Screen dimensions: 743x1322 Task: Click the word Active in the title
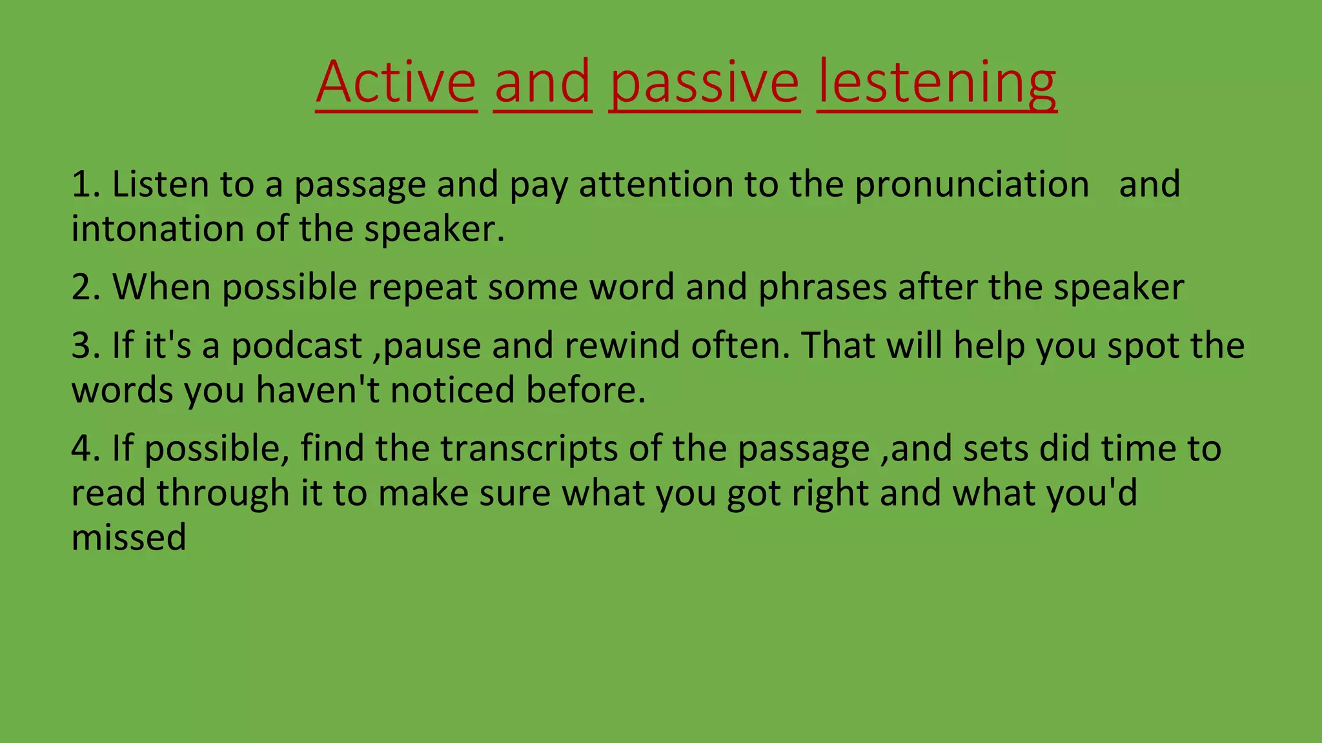pos(396,83)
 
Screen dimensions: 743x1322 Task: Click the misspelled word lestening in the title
pos(937,83)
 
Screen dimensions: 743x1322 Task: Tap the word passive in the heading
pos(704,83)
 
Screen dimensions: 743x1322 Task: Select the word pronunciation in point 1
pos(971,185)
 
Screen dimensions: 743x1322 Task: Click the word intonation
pos(158,229)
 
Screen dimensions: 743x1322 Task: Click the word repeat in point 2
pos(422,287)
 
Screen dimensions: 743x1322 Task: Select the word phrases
pos(822,287)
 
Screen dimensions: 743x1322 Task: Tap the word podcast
pos(296,346)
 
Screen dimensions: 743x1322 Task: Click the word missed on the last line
pos(128,538)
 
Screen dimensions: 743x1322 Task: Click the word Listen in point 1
pos(160,185)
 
